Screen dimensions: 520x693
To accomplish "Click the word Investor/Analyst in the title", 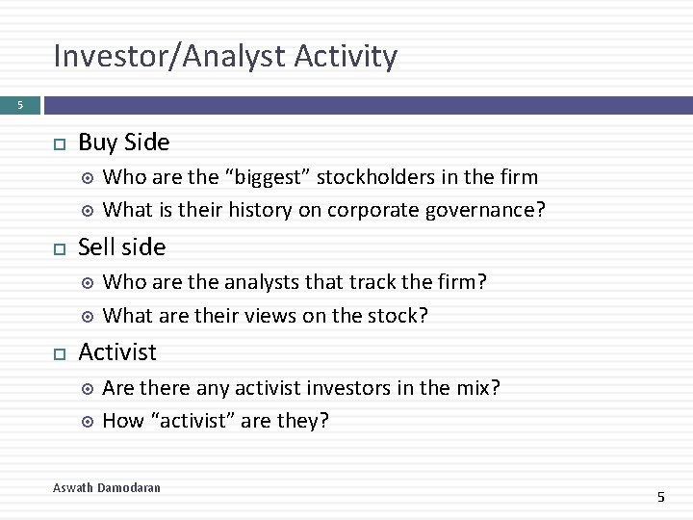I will [169, 57].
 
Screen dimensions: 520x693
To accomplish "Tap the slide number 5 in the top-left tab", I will [18, 104].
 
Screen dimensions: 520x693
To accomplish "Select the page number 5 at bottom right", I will [660, 496].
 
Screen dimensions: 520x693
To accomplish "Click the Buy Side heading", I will [123, 143].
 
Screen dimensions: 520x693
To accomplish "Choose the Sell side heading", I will [121, 247].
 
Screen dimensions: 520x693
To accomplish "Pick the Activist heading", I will [117, 352].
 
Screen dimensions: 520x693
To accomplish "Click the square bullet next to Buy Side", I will [59, 143].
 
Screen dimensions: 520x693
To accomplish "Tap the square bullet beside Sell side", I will [59, 248].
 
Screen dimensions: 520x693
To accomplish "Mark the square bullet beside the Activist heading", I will [59, 353].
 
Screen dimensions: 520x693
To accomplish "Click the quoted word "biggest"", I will [268, 177].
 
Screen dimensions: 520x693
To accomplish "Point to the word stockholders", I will [374, 177].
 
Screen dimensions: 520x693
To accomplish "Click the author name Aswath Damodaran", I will [107, 488].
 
